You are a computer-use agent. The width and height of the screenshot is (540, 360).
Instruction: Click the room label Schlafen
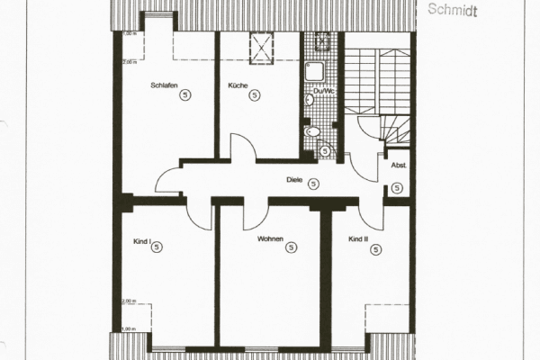[162, 84]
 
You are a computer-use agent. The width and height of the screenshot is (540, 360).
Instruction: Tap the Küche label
[238, 84]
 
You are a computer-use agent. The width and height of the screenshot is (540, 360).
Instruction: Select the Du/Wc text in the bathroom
[319, 92]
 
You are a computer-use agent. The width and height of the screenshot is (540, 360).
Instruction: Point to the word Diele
[293, 179]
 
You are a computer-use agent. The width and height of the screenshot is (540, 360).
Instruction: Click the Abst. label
[397, 166]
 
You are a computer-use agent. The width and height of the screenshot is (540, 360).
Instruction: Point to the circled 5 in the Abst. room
[397, 187]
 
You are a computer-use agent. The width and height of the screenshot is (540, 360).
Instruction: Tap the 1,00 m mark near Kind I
[129, 329]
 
